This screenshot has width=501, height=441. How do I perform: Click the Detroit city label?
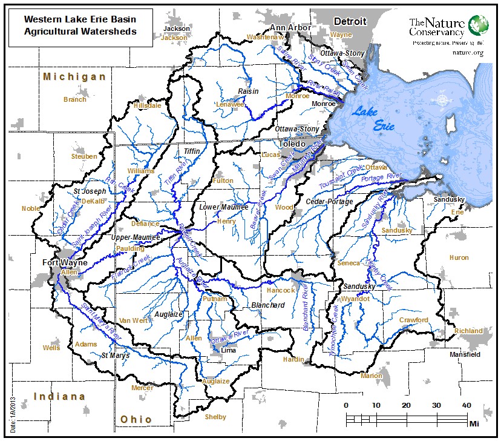tap(351, 21)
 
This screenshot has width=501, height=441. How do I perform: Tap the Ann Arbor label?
tap(290, 28)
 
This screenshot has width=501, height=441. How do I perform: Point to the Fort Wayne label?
tap(65, 263)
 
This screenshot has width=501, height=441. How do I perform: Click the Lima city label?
tap(229, 350)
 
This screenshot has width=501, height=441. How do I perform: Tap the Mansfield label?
tap(465, 354)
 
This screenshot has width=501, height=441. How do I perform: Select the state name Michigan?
tap(74, 77)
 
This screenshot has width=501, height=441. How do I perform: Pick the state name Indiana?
tap(59, 397)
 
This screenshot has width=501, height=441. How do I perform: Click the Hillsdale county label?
tap(148, 105)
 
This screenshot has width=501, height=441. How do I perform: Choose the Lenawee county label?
tap(230, 104)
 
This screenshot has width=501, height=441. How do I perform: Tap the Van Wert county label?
tap(134, 320)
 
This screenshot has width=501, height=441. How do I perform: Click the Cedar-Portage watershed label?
tap(329, 201)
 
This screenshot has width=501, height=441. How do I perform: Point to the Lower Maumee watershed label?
tap(224, 207)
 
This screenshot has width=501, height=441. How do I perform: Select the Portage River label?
tap(381, 176)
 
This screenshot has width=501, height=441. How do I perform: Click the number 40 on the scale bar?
tap(466, 405)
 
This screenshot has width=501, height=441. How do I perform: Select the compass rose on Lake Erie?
tap(444, 100)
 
